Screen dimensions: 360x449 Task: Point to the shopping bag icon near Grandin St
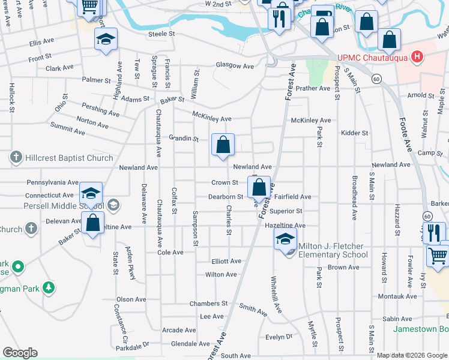223,145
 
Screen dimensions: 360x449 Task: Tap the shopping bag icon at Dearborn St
259,188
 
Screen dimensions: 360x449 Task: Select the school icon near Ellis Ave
106,40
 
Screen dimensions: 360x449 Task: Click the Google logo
20,353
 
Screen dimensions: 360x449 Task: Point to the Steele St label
161,34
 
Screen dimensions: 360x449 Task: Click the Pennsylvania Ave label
53,182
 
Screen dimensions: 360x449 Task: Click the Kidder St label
354,133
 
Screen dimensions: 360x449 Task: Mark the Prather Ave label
313,88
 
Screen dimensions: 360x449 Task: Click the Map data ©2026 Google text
411,355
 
